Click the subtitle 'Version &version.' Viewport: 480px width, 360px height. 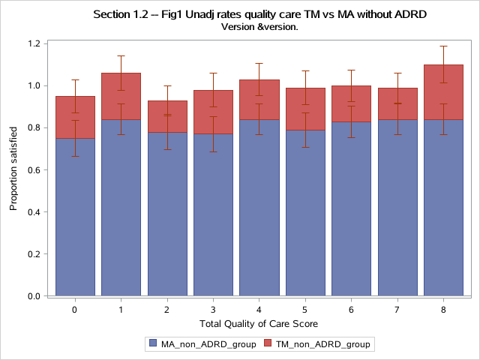click(259, 27)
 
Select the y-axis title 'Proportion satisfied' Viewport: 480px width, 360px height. click(13, 169)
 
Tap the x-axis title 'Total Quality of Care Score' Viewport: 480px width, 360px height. click(259, 323)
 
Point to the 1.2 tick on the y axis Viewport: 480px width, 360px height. click(33, 43)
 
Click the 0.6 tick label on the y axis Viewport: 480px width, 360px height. click(33, 170)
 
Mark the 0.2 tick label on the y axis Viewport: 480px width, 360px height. click(33, 254)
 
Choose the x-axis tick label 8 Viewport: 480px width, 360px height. click(443, 308)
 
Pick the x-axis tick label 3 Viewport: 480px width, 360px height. click(213, 308)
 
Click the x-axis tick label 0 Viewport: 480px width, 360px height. click(75, 308)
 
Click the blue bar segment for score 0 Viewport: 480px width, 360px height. click(75, 217)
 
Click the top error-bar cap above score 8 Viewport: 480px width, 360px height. click(443, 46)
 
